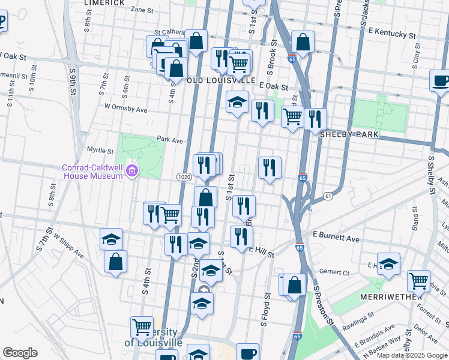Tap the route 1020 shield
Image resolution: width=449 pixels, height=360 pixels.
184,177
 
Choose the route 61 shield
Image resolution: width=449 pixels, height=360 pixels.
327,196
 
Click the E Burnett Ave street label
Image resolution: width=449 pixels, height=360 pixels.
336,239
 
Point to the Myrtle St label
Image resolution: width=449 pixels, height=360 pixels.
100,151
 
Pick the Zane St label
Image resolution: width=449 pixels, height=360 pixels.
142,10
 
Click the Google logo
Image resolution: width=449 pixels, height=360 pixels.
20,353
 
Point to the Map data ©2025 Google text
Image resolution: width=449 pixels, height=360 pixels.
412,355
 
